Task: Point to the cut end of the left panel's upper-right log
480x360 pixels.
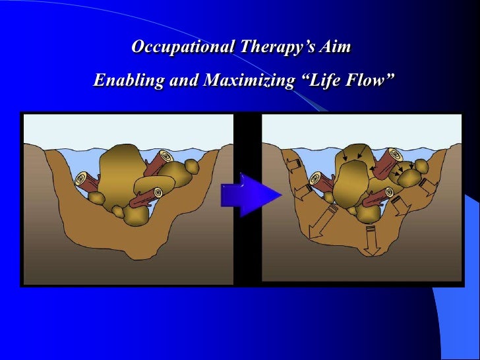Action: click(164, 158)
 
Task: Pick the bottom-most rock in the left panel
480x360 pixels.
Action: click(136, 216)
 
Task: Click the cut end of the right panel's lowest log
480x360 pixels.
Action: click(389, 192)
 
